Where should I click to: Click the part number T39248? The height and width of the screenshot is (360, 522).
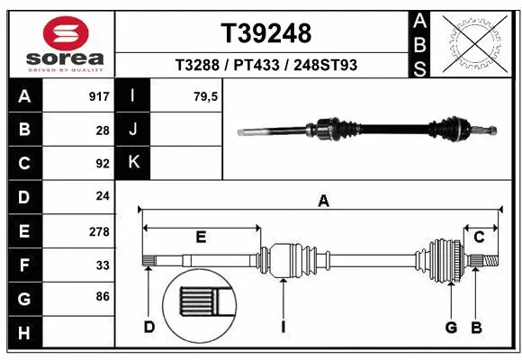click(266, 33)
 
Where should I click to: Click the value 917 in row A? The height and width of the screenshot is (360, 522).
click(98, 96)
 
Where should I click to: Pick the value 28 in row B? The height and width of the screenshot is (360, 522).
click(102, 130)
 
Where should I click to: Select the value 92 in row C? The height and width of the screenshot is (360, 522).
click(102, 164)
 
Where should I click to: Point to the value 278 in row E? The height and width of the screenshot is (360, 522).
click(98, 231)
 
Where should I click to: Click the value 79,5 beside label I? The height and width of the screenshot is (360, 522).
click(206, 96)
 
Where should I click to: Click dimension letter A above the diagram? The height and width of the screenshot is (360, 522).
click(322, 202)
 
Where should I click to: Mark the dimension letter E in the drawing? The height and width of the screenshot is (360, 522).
click(202, 238)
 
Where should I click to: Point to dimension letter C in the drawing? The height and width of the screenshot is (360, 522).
click(480, 238)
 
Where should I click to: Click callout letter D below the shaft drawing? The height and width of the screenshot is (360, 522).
click(148, 327)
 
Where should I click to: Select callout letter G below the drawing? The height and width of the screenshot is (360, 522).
click(451, 327)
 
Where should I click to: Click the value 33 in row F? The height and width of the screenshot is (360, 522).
click(102, 265)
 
